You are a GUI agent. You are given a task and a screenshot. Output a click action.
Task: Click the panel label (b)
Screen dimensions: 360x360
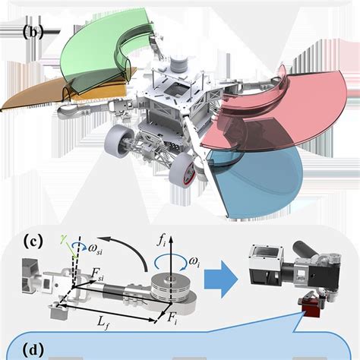[x=36, y=33]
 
